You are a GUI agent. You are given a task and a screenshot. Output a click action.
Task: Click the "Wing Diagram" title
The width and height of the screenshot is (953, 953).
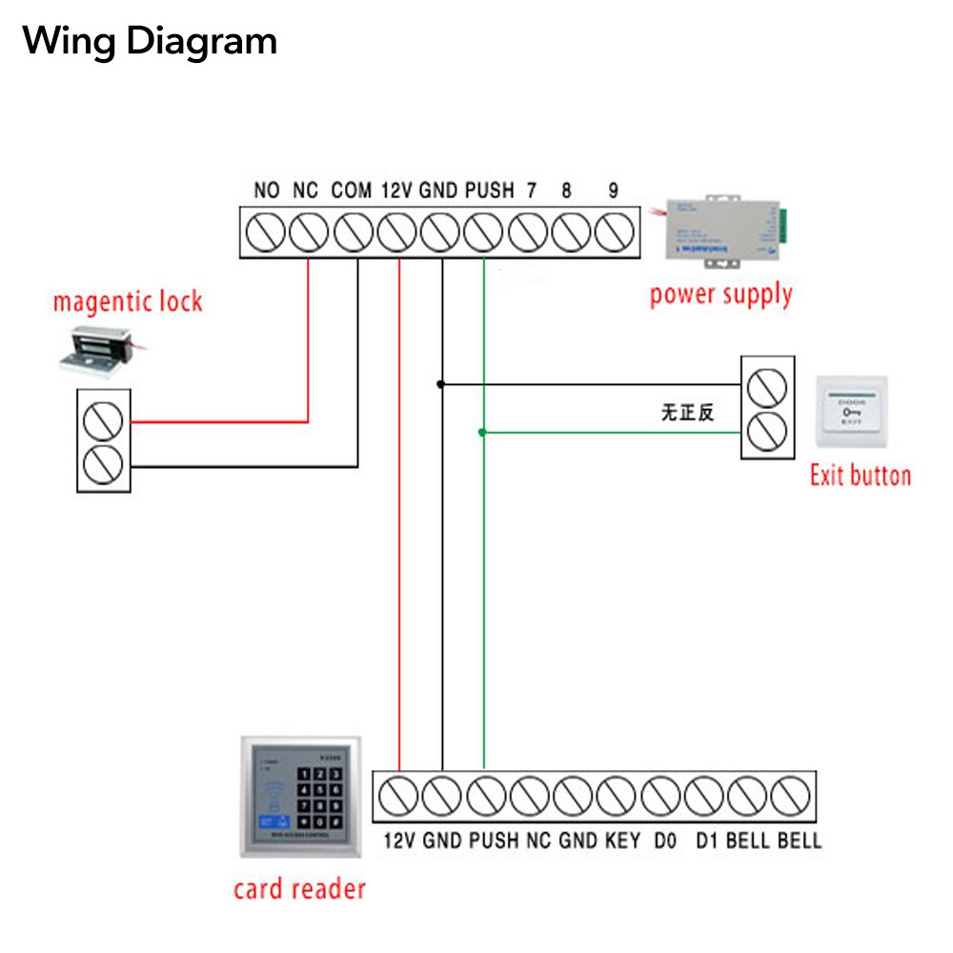pyautogui.click(x=150, y=41)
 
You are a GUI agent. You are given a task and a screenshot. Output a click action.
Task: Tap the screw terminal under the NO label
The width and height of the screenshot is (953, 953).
pyautogui.click(x=266, y=233)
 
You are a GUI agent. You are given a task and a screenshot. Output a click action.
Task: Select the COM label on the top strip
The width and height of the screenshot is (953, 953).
pyautogui.click(x=351, y=190)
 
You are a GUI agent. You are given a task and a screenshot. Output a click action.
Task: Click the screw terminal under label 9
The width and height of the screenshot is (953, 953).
pyautogui.click(x=615, y=233)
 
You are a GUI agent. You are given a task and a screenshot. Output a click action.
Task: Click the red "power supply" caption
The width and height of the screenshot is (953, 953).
pyautogui.click(x=721, y=294)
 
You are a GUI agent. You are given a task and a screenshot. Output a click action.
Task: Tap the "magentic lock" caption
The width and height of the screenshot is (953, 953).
pyautogui.click(x=128, y=303)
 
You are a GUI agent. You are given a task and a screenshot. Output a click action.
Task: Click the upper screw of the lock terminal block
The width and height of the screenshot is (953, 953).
pyautogui.click(x=103, y=420)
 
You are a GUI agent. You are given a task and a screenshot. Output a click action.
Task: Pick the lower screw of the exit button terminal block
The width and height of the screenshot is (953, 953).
pyautogui.click(x=767, y=433)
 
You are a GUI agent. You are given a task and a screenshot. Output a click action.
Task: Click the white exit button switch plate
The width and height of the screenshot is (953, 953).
pyautogui.click(x=852, y=411)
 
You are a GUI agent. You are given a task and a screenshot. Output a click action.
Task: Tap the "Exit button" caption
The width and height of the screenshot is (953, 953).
pyautogui.click(x=860, y=476)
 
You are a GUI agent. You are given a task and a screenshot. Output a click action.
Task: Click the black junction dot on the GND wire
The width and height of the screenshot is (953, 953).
pyautogui.click(x=440, y=384)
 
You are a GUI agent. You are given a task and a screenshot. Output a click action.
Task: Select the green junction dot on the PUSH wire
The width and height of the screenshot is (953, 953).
pyautogui.click(x=482, y=433)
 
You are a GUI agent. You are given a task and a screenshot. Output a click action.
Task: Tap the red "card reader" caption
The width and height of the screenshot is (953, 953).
pyautogui.click(x=299, y=889)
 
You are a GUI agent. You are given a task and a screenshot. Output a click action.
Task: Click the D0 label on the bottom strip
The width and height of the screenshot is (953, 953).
pyautogui.click(x=664, y=841)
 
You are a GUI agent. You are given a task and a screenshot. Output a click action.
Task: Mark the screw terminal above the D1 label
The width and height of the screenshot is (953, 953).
pyautogui.click(x=705, y=794)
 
